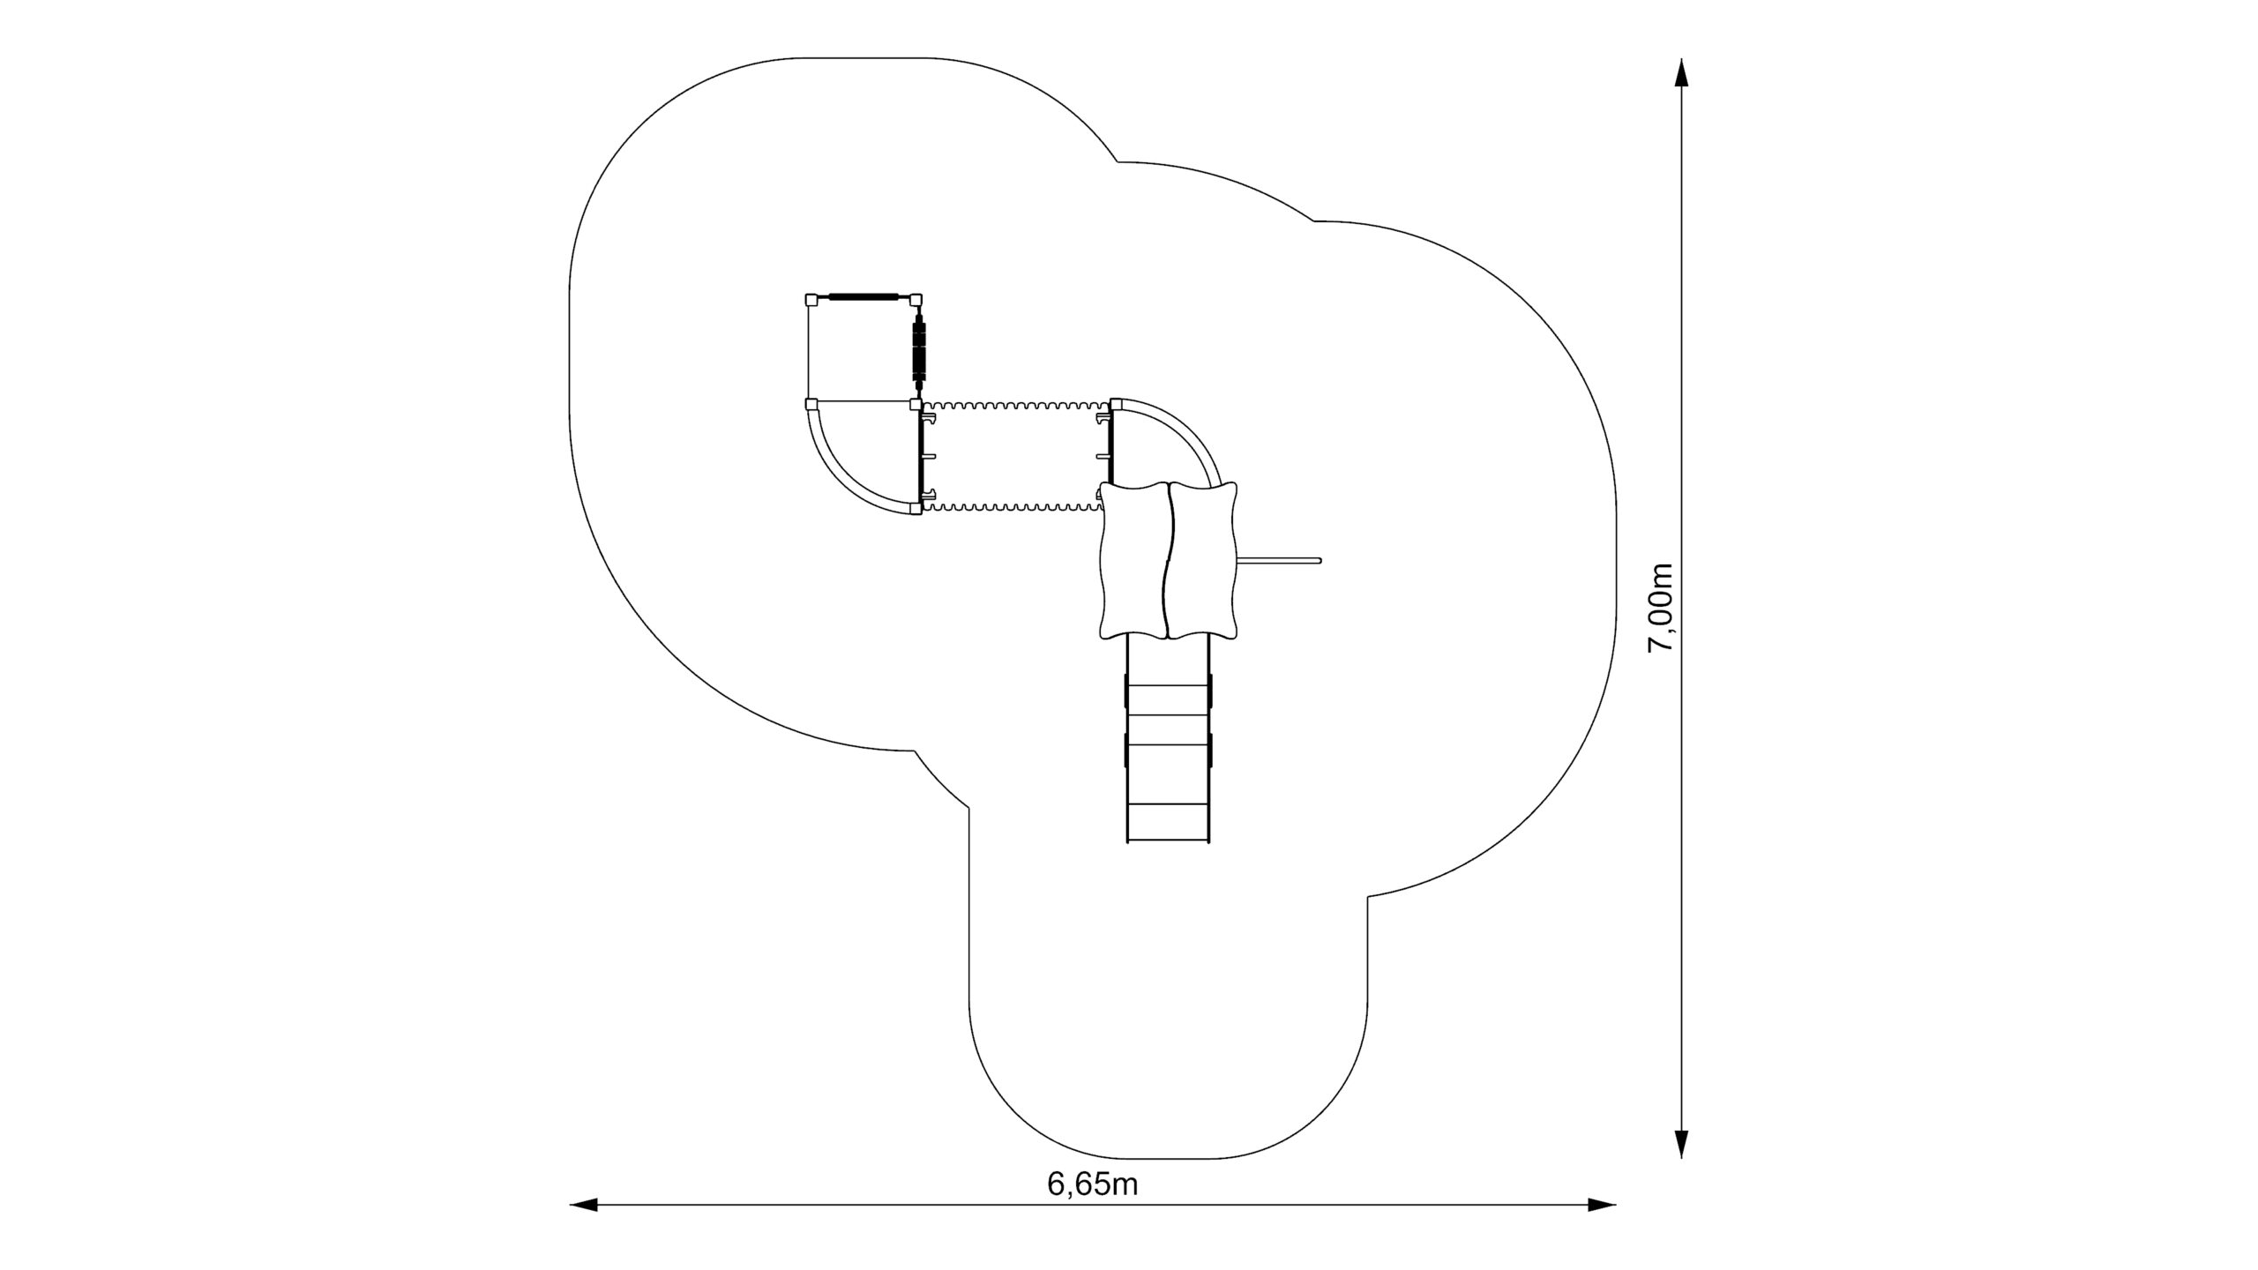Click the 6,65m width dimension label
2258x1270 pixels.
(x=1092, y=1184)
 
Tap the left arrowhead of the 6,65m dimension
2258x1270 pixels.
(x=584, y=1205)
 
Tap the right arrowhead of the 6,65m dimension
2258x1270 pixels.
(x=1602, y=1205)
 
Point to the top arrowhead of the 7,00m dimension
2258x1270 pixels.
(x=1682, y=73)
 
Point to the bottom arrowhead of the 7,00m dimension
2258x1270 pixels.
(x=1682, y=1143)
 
